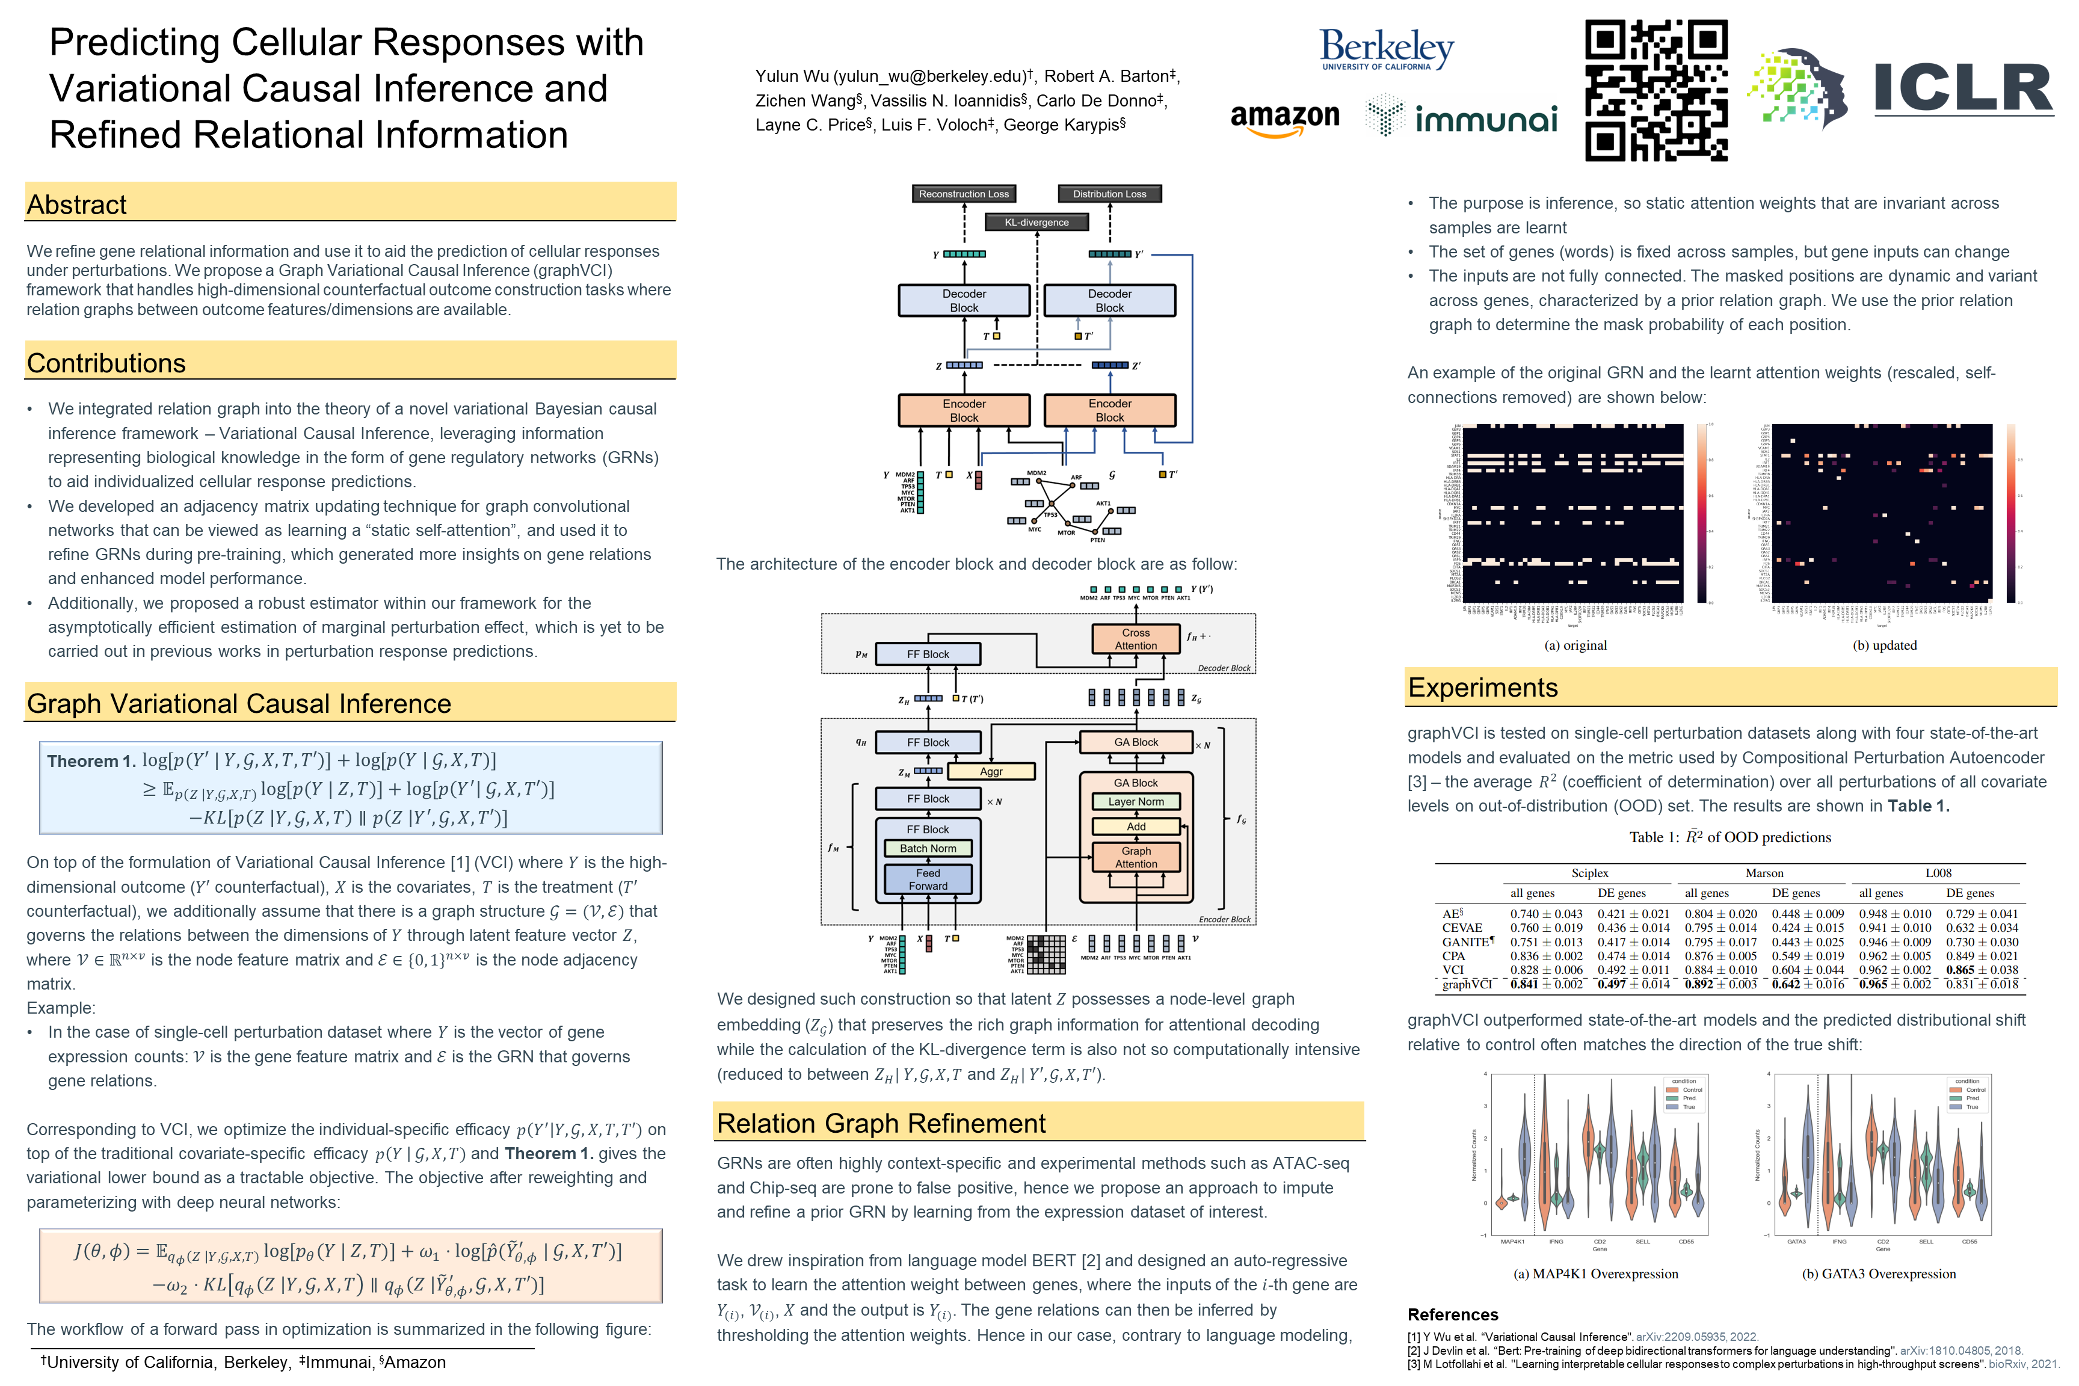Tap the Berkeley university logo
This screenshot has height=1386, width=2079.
[x=1386, y=49]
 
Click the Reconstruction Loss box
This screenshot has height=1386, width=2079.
[x=964, y=194]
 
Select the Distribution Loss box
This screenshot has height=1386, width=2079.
[x=1109, y=194]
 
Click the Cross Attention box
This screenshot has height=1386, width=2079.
[x=1136, y=639]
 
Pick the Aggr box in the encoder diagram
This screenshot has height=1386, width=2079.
[x=991, y=772]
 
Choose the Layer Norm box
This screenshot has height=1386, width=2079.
[x=1136, y=802]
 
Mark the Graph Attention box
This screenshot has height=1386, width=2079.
[x=1136, y=857]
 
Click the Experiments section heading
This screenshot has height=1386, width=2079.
[x=1482, y=688]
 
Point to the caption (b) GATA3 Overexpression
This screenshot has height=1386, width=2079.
[x=1878, y=1274]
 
